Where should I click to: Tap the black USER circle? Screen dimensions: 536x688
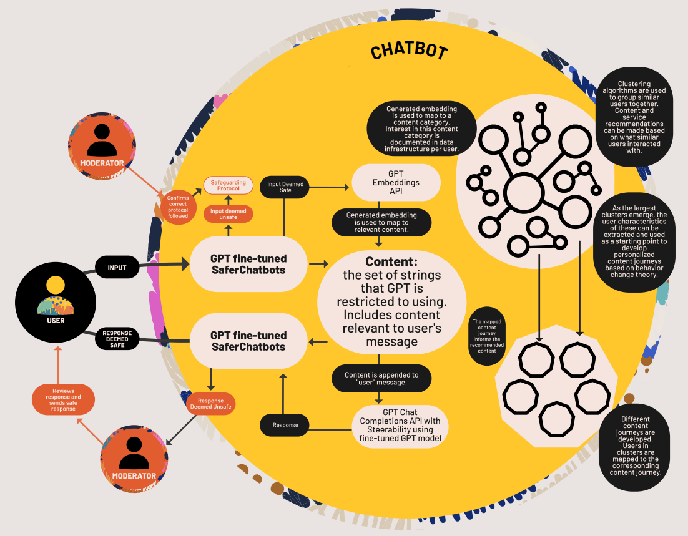pos(55,306)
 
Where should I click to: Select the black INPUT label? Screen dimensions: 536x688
pos(117,268)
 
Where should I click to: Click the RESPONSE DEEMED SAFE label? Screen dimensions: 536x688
pos(117,339)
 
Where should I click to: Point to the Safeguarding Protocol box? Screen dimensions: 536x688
pos(229,185)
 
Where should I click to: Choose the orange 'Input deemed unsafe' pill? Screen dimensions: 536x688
pos(229,214)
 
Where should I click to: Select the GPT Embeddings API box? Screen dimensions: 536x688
pos(396,182)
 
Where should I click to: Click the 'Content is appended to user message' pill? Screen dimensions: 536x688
pos(381,378)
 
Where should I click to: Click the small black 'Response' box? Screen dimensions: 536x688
pos(285,425)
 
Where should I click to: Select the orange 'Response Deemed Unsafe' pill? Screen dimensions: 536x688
pos(210,403)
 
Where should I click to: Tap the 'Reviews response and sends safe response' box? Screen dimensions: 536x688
pos(63,399)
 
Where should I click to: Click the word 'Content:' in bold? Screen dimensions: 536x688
pos(391,261)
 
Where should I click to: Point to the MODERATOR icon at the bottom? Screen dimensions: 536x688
pos(134,457)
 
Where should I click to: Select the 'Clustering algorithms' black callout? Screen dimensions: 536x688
pos(634,117)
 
